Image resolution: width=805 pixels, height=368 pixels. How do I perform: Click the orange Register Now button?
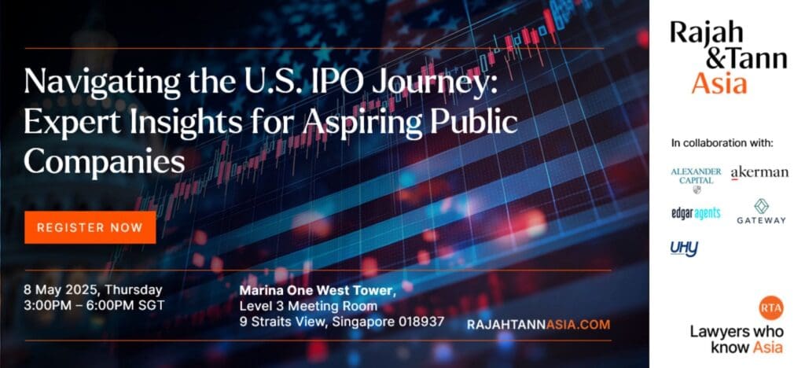point(90,227)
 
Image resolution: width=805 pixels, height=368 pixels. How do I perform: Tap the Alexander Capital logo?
point(696,180)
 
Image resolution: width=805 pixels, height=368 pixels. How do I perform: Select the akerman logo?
point(759,173)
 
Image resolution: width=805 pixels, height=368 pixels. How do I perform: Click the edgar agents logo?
point(696,213)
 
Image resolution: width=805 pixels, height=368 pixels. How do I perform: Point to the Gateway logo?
point(761,212)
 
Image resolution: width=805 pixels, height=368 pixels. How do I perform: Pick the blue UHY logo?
point(684,248)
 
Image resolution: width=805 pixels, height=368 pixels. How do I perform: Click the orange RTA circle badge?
point(770,308)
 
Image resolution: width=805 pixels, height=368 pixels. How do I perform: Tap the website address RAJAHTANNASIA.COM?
point(539,325)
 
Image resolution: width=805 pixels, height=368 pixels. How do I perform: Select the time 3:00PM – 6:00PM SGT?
point(94,305)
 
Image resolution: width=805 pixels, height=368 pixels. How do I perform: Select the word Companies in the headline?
point(105,162)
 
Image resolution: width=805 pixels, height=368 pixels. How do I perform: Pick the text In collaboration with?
point(722,143)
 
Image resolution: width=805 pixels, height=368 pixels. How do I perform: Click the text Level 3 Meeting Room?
point(308,307)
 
